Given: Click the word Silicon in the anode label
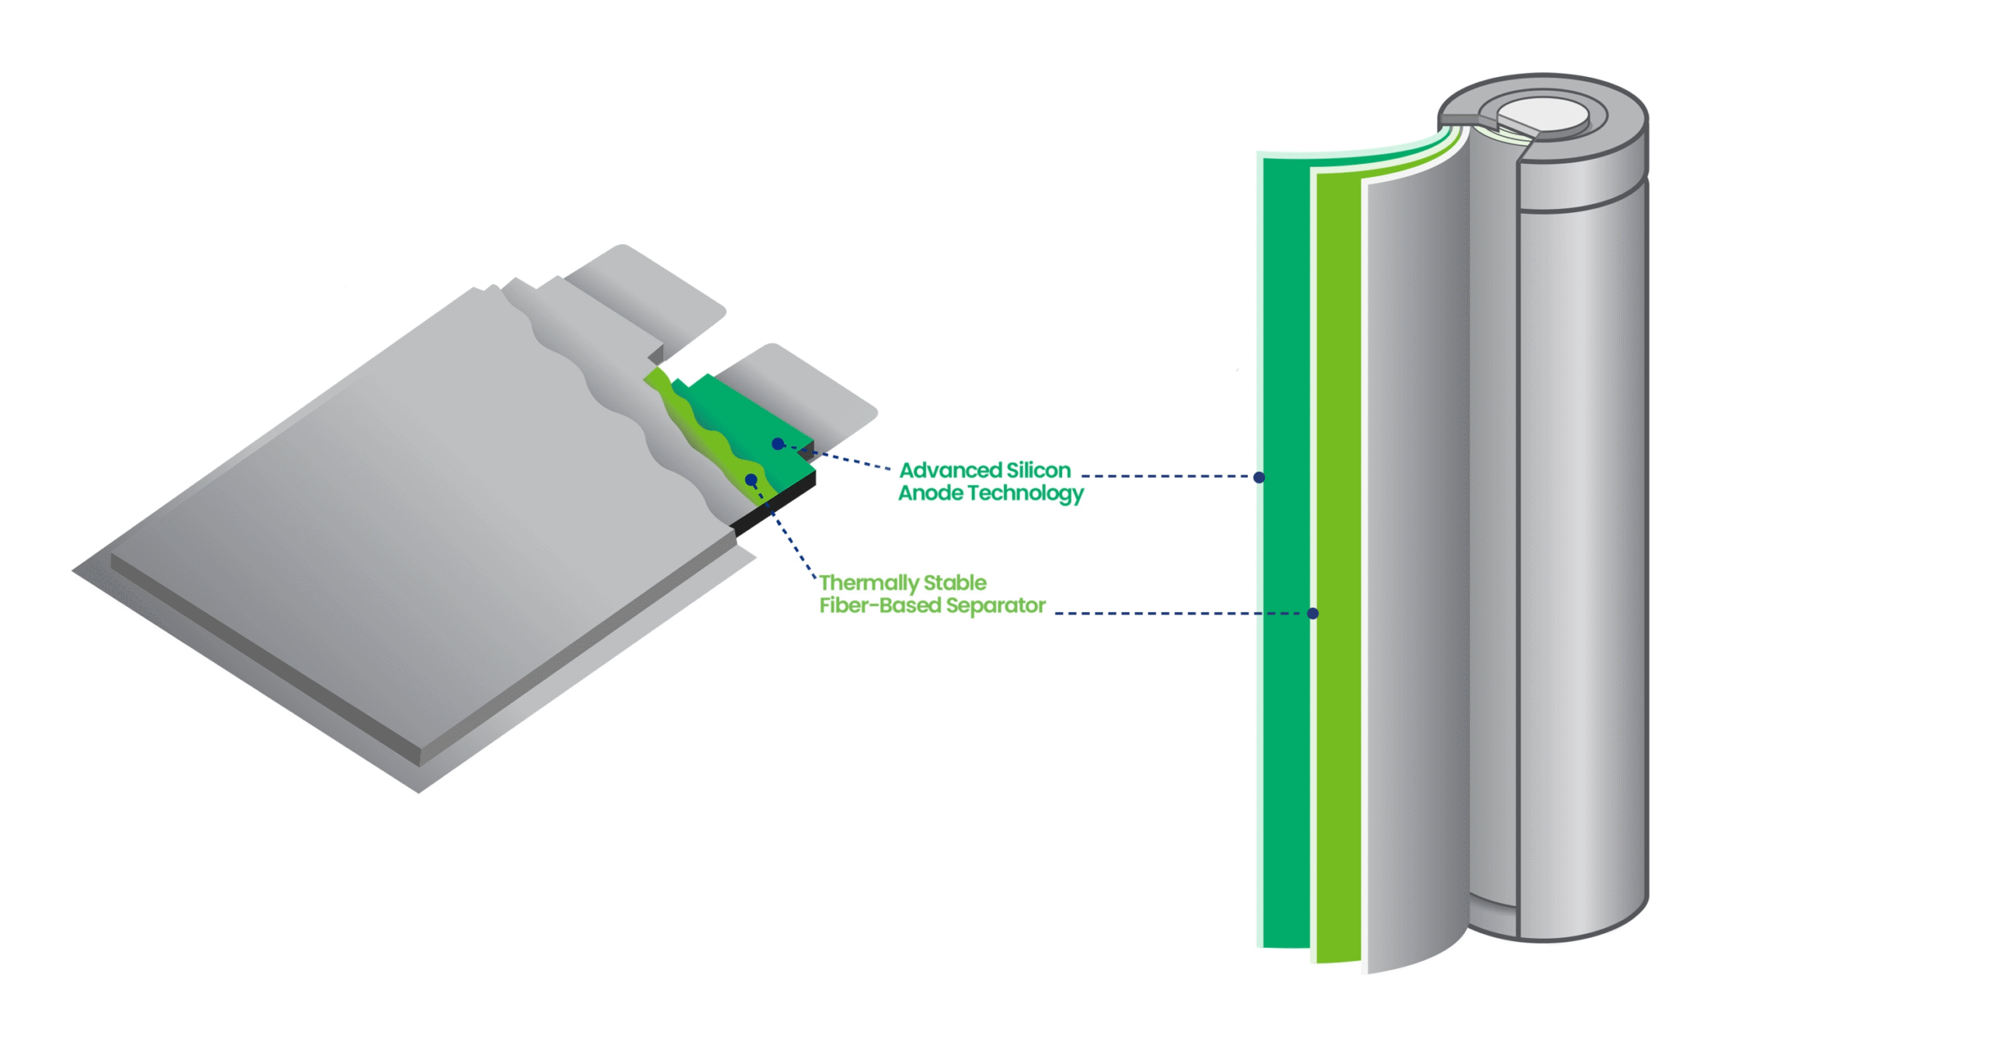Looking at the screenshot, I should coord(1038,470).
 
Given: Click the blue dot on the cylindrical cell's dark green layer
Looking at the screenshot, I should coord(1259,477).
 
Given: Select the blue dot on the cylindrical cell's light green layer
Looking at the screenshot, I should coord(1312,613).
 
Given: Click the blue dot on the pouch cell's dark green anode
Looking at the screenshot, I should coord(778,444).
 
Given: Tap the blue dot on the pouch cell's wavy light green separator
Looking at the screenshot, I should coord(751,479).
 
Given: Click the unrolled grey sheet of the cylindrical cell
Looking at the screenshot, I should coord(1414,544).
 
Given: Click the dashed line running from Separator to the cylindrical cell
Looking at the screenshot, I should coord(1181,613).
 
